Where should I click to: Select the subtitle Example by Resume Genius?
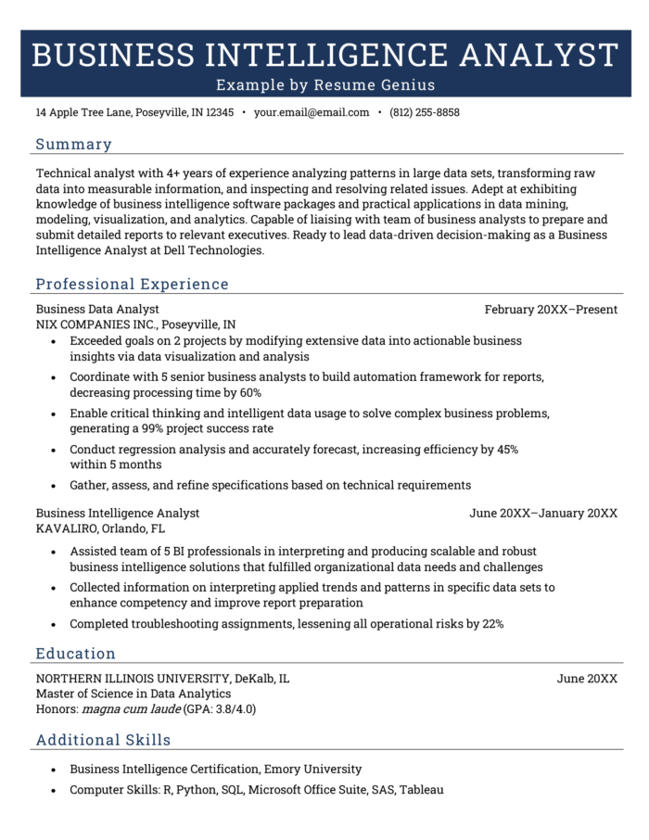(325, 85)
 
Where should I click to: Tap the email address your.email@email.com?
(312, 113)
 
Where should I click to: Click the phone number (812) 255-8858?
(425, 113)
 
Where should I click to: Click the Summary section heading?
(73, 145)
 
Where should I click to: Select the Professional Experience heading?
(132, 285)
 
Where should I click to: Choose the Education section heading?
(75, 654)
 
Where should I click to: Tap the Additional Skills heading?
(103, 740)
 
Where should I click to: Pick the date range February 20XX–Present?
(551, 310)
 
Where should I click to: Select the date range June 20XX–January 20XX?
(543, 514)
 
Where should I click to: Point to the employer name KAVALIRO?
(69, 529)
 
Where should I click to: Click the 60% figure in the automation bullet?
(249, 393)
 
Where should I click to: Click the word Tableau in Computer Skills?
(422, 791)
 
